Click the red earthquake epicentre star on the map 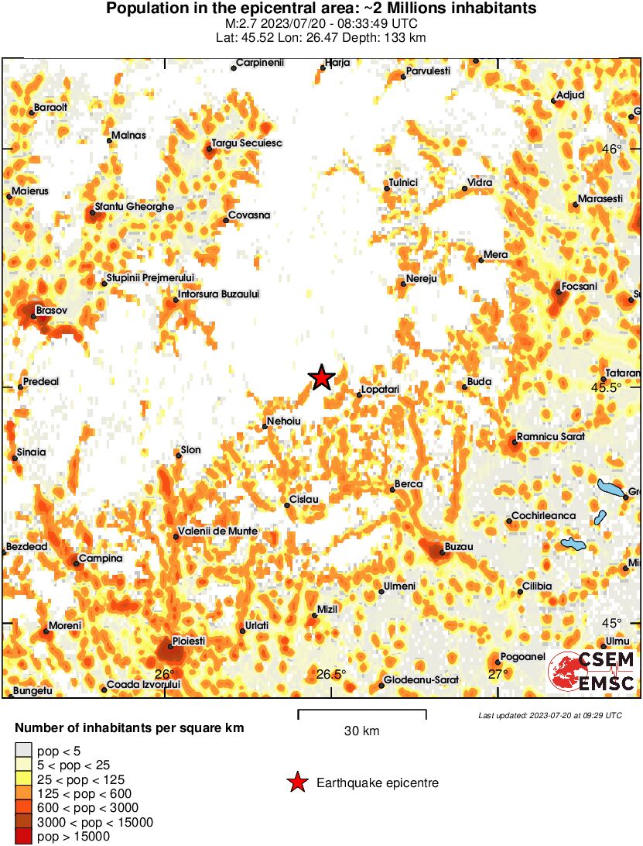point(321,377)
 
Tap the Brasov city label point(52,310)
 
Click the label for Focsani point(580,286)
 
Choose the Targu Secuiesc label point(247,143)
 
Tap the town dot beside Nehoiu point(262,427)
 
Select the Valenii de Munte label point(217,531)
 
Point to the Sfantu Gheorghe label point(134,207)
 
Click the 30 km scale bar point(361,710)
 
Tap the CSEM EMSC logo point(592,672)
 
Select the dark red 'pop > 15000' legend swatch point(23,836)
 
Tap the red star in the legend point(296,783)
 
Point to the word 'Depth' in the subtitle point(355,36)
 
